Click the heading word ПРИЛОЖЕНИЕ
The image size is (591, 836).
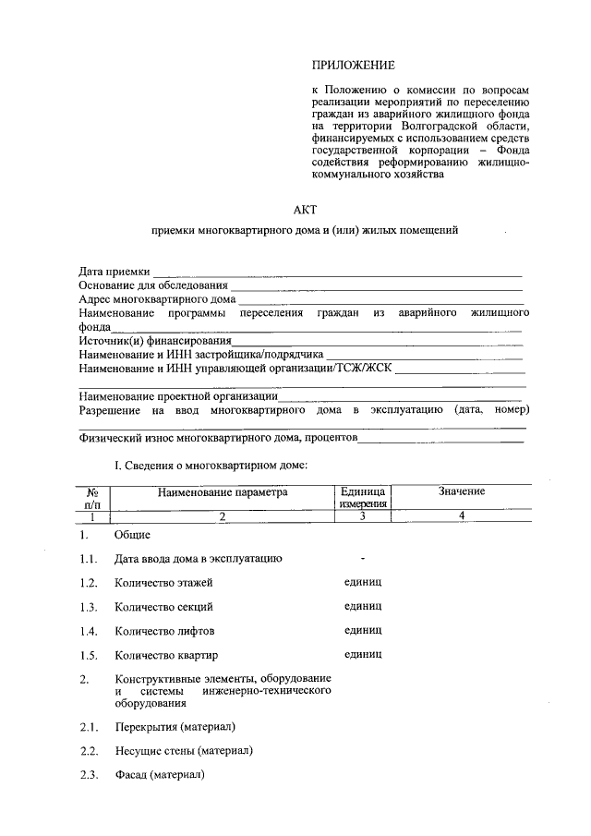pyautogui.click(x=353, y=65)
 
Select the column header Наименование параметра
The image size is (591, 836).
pyautogui.click(x=223, y=492)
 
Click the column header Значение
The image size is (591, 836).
pyautogui.click(x=461, y=491)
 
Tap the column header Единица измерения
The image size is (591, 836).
pyautogui.click(x=363, y=498)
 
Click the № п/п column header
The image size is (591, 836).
pyautogui.click(x=92, y=499)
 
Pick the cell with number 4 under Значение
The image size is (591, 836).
pyautogui.click(x=461, y=516)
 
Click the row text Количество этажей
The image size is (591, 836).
pyautogui.click(x=163, y=583)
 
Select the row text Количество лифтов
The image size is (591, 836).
pyautogui.click(x=164, y=631)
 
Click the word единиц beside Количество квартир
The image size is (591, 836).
pyautogui.click(x=363, y=655)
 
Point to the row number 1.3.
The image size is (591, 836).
pyautogui.click(x=89, y=607)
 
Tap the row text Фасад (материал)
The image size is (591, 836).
pyautogui.click(x=159, y=774)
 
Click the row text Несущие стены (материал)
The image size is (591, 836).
pyautogui.click(x=184, y=750)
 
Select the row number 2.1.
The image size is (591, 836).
pyautogui.click(x=89, y=726)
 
